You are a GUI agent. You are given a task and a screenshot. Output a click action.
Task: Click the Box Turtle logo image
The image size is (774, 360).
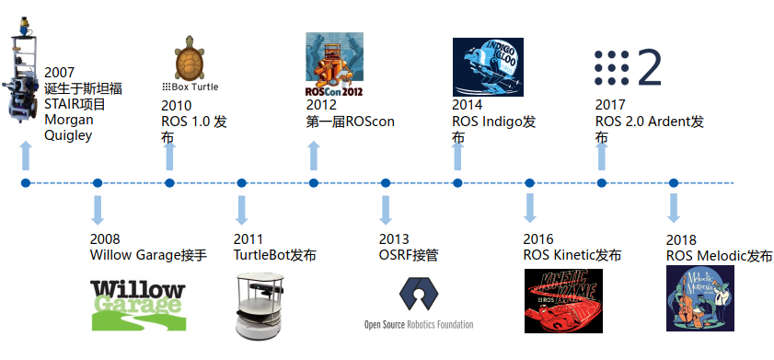click(x=191, y=58)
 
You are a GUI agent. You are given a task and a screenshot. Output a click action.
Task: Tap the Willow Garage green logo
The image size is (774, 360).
click(x=138, y=303)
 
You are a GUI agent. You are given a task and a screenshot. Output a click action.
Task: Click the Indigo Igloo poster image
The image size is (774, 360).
click(x=488, y=67)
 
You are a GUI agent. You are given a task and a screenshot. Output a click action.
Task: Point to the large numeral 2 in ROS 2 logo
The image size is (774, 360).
click(x=650, y=68)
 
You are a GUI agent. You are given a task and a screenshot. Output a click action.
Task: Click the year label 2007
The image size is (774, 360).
click(x=59, y=73)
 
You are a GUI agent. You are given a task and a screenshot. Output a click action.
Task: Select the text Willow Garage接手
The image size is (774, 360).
click(x=148, y=254)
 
